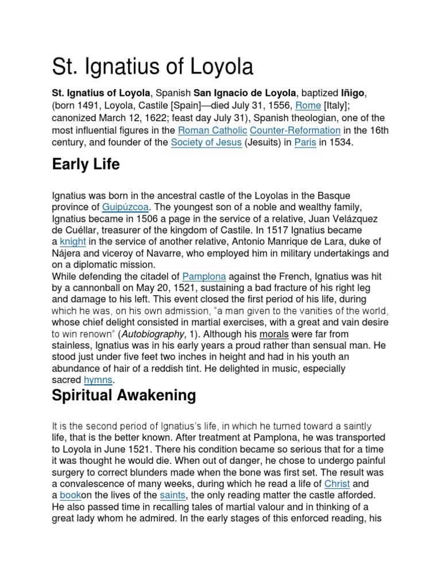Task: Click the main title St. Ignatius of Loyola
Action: coord(152,66)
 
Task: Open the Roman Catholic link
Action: coord(211,130)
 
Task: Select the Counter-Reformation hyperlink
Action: coord(295,130)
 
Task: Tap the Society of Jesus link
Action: coord(206,143)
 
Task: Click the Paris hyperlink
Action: coord(305,143)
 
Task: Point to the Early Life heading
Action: coord(86,165)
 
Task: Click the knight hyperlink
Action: coord(72,241)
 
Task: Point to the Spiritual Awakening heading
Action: coord(123,396)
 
